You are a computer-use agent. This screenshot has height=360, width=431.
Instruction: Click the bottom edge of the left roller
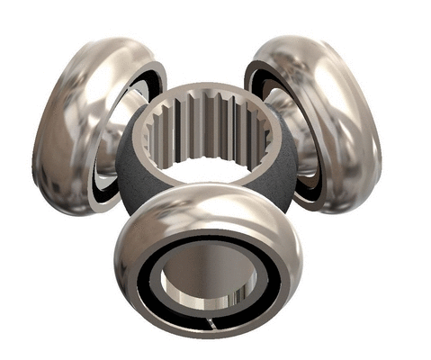click(72, 209)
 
